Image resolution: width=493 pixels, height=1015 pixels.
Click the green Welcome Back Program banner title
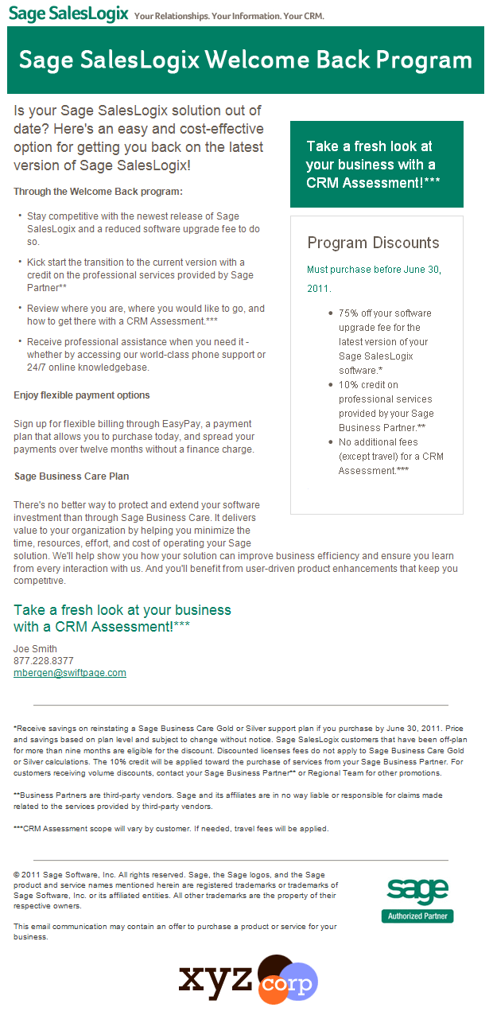[x=245, y=60]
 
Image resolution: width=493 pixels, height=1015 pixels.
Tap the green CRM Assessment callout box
[x=376, y=164]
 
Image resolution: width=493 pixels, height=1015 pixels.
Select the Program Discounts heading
[x=373, y=243]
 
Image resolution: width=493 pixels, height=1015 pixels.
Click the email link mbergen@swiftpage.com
[x=70, y=673]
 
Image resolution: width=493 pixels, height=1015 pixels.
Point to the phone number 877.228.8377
[x=44, y=661]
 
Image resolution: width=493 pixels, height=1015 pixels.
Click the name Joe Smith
[x=36, y=649]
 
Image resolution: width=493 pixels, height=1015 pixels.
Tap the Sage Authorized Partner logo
[x=417, y=900]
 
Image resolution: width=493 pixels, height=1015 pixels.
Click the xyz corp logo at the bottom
[x=248, y=979]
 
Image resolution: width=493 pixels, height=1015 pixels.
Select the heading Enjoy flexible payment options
[x=82, y=395]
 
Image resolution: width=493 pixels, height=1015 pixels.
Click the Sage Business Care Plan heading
[x=72, y=476]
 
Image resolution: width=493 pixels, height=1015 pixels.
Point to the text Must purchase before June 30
[x=374, y=270]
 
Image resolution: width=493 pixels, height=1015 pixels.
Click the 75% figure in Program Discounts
[x=348, y=313]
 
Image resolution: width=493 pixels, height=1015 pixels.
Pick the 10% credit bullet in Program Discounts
[x=385, y=406]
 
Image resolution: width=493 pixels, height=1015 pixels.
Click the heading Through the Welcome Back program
[x=98, y=192]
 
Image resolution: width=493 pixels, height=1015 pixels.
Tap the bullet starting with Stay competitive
[x=133, y=228]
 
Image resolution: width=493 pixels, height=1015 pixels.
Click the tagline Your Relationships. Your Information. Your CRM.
[x=229, y=16]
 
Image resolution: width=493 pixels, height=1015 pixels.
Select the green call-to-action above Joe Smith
[x=122, y=618]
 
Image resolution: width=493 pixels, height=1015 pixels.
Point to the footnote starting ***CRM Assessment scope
[x=171, y=829]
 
